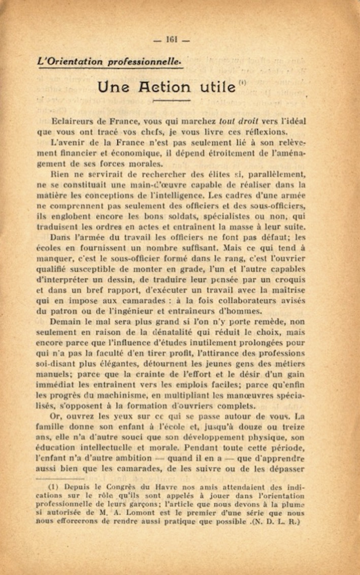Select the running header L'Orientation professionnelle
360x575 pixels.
click(109, 61)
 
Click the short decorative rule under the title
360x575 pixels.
click(171, 101)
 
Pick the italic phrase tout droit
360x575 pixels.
click(239, 122)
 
